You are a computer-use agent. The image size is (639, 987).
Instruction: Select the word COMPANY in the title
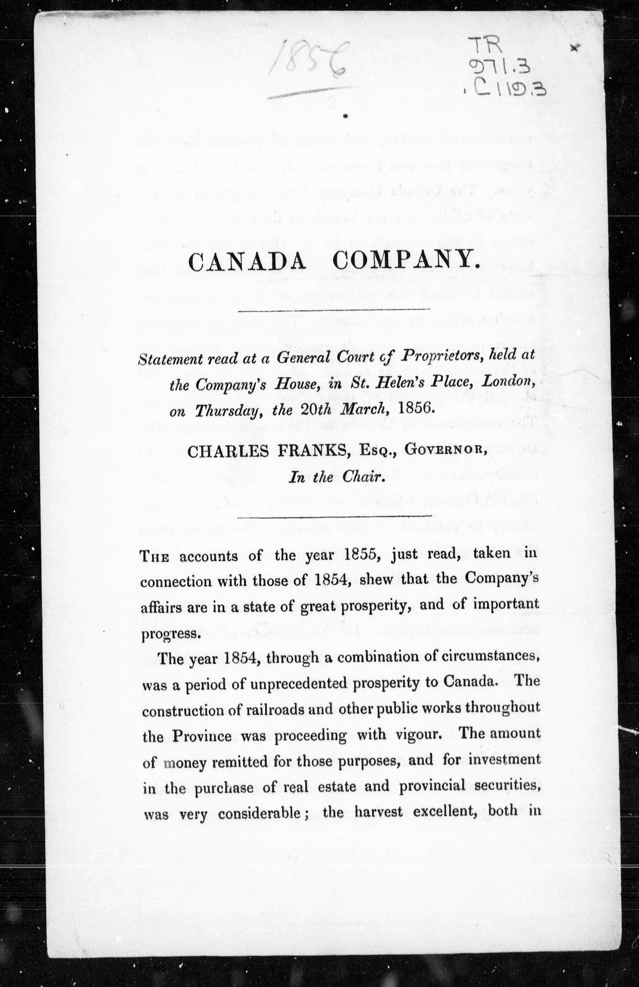pyautogui.click(x=406, y=262)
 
